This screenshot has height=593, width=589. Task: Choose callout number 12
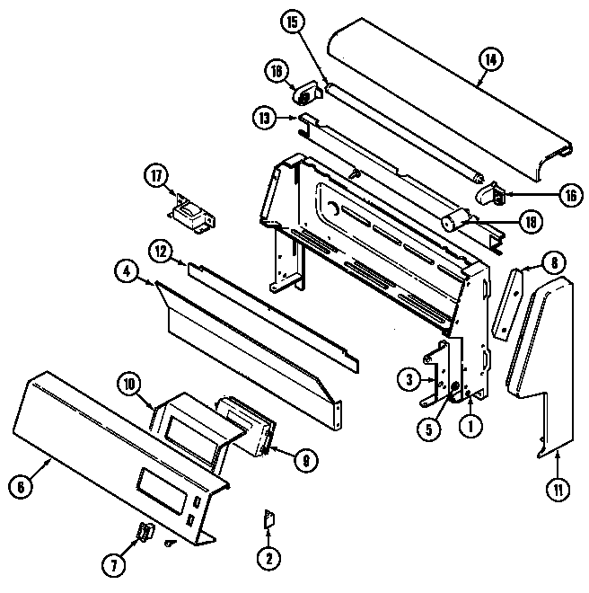(161, 255)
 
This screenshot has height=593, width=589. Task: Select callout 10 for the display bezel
(130, 385)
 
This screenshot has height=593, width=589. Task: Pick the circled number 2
(266, 558)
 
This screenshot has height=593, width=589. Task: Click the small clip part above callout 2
(267, 520)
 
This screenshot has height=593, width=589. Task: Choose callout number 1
(469, 428)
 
